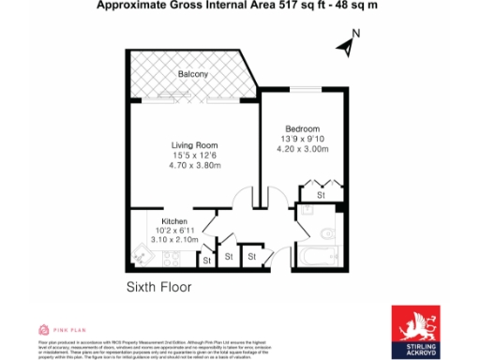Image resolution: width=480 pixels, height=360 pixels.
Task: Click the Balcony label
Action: point(194,73)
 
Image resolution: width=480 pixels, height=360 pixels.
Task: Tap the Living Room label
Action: point(194,145)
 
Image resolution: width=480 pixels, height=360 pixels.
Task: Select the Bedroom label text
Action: point(303,128)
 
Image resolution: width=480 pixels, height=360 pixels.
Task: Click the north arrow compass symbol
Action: point(343,44)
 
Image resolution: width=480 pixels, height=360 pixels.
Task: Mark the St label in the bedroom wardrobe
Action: point(320,195)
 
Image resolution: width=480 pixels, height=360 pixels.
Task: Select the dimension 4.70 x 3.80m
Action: point(194,166)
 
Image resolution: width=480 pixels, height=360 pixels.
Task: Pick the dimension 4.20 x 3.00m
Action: point(303,148)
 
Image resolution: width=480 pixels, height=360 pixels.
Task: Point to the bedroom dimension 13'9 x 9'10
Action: point(303,139)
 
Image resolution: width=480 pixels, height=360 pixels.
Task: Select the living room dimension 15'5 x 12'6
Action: point(194,156)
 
